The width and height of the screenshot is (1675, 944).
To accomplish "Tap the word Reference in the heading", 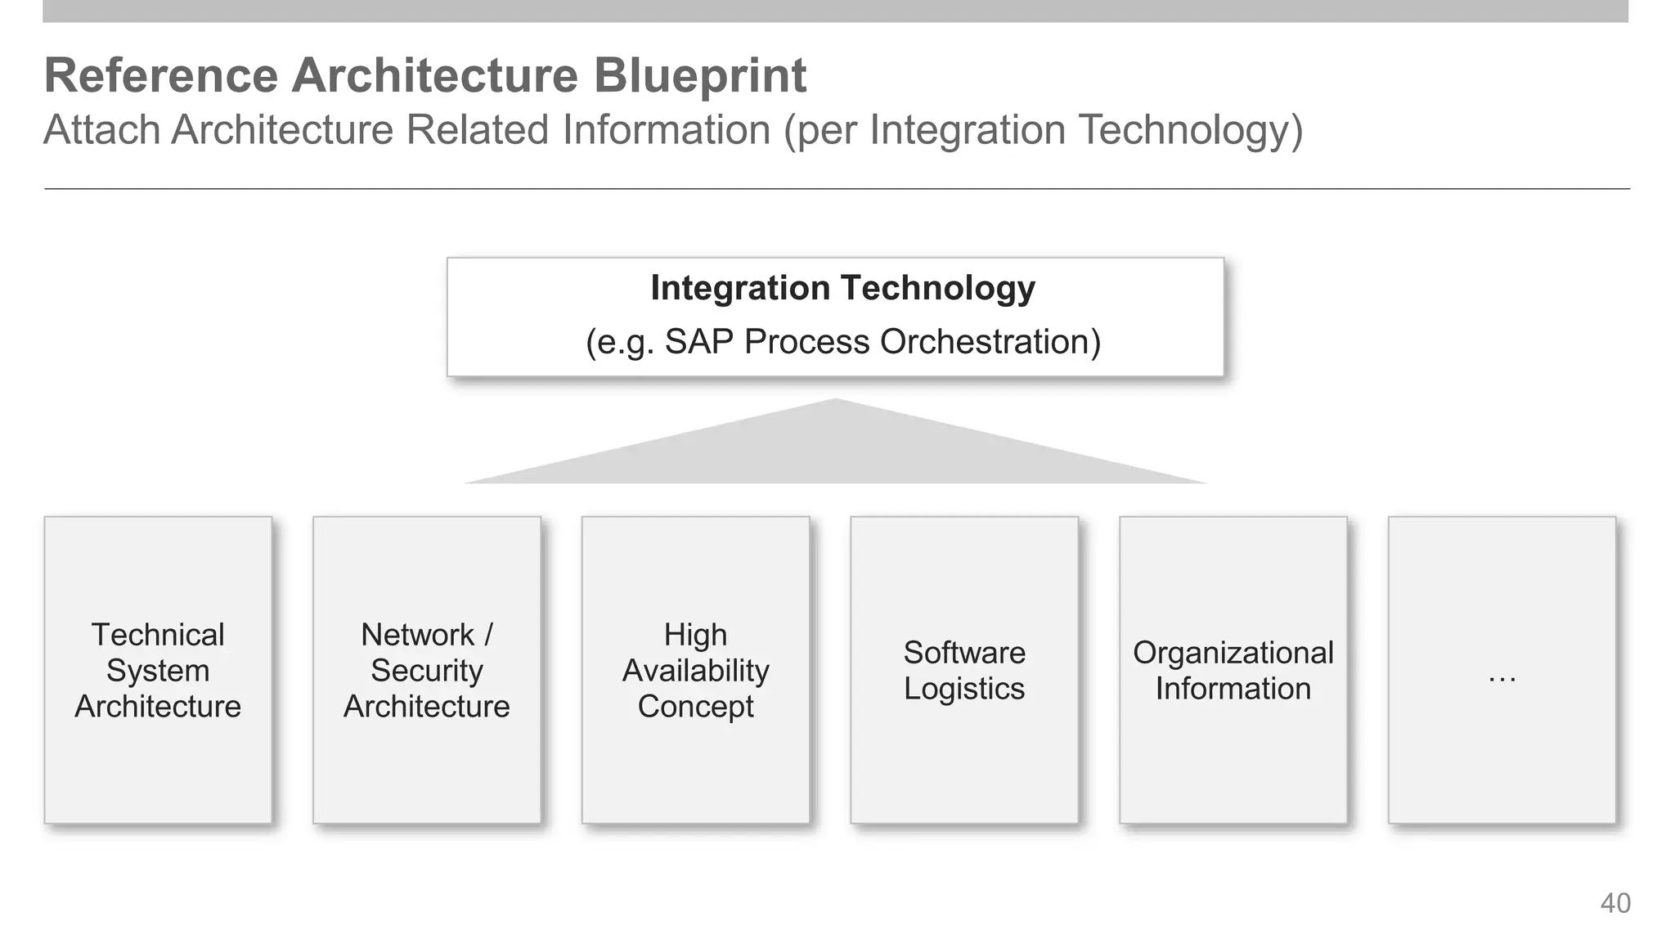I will coord(160,75).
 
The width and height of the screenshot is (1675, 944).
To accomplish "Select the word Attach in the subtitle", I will coord(101,130).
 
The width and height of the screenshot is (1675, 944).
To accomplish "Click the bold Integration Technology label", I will coord(842,288).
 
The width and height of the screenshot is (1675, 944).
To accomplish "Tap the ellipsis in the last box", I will coord(1502,677).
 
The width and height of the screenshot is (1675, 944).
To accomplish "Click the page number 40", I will coord(1614,903).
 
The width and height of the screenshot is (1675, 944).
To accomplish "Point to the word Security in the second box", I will coord(426,671).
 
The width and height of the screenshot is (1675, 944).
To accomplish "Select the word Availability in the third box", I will coord(695,671).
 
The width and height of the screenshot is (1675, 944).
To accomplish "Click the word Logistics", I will coord(964,689).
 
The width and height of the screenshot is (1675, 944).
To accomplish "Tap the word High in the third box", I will coord(695,635).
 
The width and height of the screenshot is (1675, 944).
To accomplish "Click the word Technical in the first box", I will coord(158,635).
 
